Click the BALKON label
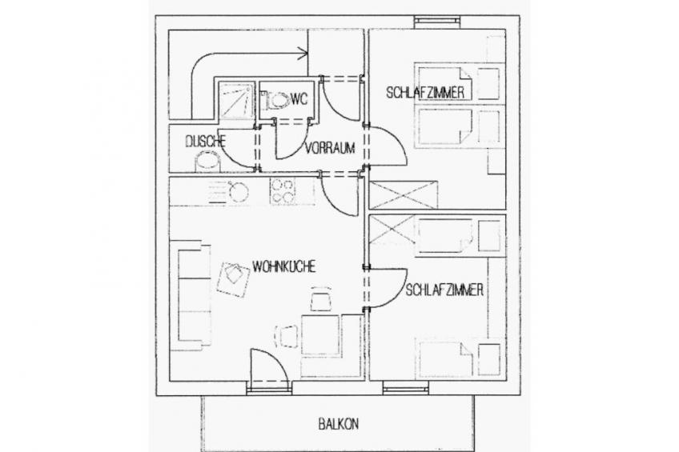pos(338,423)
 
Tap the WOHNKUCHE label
pos(284,266)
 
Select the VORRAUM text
pos(330,148)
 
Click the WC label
pos(299,99)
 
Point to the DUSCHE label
pos(206,141)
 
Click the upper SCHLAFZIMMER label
pos(425,92)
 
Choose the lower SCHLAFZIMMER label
pos(444,290)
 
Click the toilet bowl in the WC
pos(276,101)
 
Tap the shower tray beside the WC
pos(235,100)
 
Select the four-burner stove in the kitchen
pos(283,190)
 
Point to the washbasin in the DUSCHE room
pos(207,162)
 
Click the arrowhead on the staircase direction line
pos(304,54)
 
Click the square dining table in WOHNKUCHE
pos(320,334)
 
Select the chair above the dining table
pos(321,299)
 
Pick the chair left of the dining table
pos(287,336)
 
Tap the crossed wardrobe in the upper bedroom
pos(404,195)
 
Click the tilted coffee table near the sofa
pos(234,279)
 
